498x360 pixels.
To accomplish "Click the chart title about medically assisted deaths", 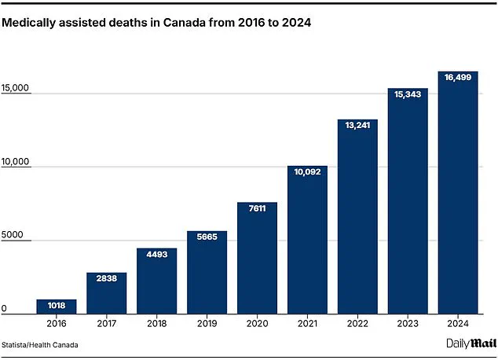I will click(x=156, y=24).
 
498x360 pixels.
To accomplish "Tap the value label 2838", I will click(x=106, y=279).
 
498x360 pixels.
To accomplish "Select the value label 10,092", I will click(x=307, y=173).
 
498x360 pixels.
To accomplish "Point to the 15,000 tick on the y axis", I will click(x=16, y=89).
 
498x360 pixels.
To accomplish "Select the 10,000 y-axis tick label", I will click(x=16, y=162).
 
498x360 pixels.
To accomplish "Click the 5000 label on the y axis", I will click(x=13, y=235).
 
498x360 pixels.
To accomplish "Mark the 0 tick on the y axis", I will click(x=4, y=308).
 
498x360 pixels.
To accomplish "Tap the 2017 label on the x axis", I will click(x=106, y=323).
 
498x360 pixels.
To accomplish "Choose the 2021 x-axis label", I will click(x=307, y=323).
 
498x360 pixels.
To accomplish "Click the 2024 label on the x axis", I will click(x=458, y=323).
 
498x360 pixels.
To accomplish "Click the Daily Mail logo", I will click(x=469, y=343).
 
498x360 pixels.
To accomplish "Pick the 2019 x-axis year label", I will click(x=207, y=323).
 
